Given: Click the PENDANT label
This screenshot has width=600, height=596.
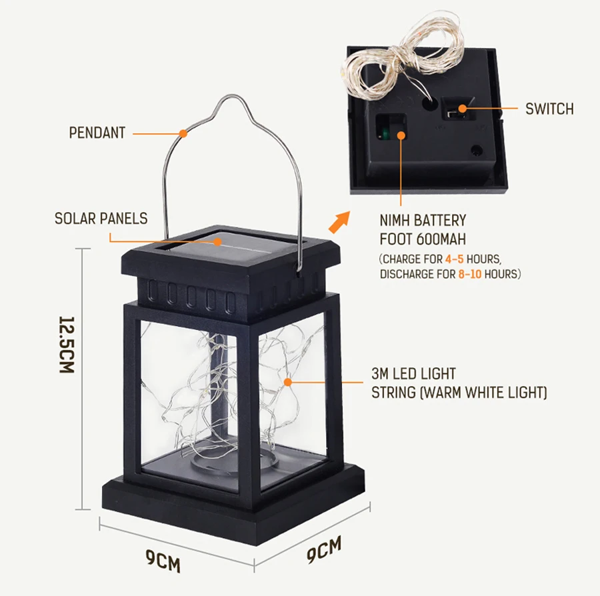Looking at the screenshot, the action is (97, 133).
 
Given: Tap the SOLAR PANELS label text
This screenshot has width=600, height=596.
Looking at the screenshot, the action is (101, 219).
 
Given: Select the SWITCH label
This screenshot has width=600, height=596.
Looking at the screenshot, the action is (549, 109).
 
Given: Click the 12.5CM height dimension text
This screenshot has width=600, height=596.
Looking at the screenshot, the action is (66, 344).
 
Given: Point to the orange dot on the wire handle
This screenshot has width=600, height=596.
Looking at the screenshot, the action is (183, 133).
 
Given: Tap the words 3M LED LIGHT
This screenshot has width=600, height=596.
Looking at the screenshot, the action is (413, 374).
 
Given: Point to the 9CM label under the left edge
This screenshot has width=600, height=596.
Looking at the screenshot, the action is (165, 561).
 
